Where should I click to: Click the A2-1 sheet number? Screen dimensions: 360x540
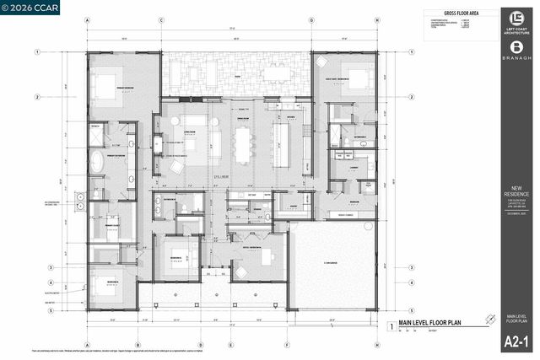(516, 341)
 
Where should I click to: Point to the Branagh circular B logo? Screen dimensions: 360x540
(516, 48)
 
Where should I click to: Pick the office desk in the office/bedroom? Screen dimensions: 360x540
(268, 257)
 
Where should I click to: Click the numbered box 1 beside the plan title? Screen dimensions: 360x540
(390, 325)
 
